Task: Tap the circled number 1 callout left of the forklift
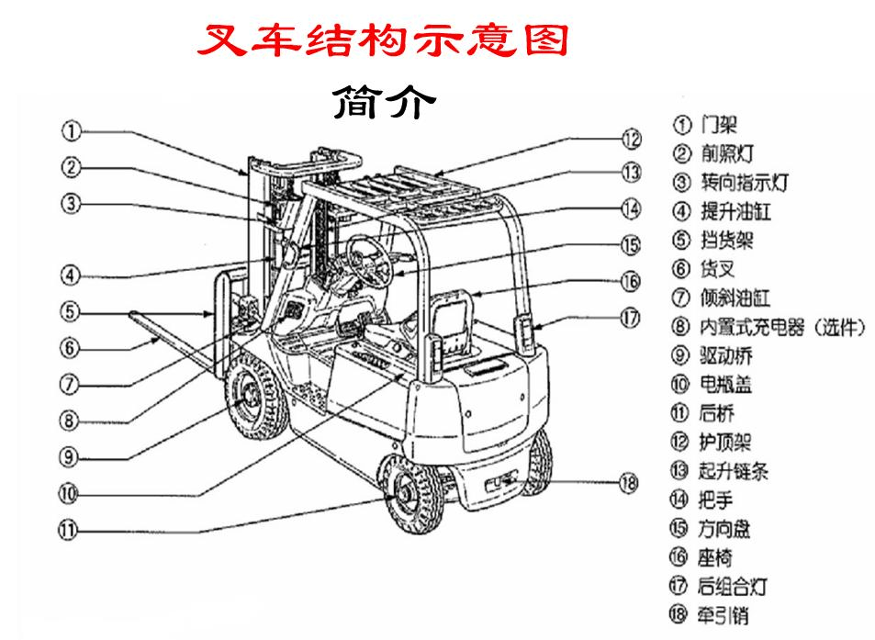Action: (x=71, y=130)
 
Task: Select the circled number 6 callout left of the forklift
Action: (x=71, y=348)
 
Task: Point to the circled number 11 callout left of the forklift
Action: (x=71, y=530)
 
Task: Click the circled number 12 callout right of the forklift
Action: (x=630, y=140)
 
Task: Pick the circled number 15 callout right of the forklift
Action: (x=630, y=245)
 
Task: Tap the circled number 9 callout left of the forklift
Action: (x=71, y=456)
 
